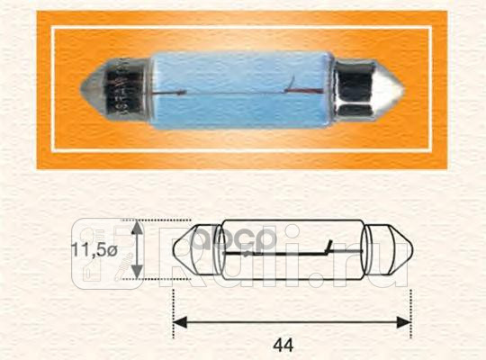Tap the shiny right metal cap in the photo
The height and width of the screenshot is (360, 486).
point(360,90)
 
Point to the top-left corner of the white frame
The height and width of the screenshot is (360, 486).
point(52,27)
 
